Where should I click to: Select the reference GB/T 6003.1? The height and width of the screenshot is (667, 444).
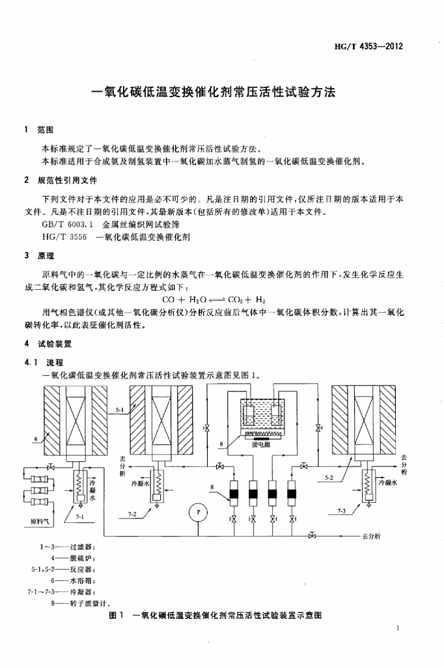coord(64,223)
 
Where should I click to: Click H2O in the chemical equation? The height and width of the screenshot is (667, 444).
coord(193,300)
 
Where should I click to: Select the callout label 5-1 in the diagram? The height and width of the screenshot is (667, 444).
coord(120,410)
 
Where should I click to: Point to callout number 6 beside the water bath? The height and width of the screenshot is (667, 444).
coord(222,444)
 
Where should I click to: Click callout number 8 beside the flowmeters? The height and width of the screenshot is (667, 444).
coord(212,487)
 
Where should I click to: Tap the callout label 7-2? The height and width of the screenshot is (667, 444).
coord(132,514)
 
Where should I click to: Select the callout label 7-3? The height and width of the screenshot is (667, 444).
coord(342,511)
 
